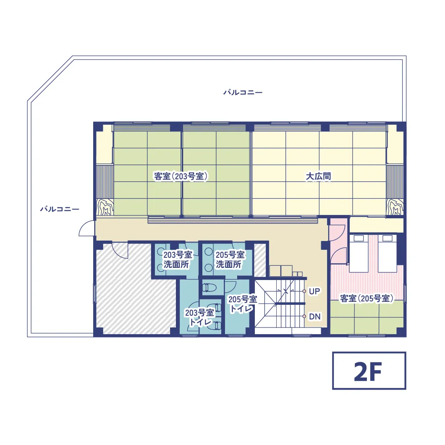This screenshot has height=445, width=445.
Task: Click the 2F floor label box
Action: pyautogui.click(x=369, y=371)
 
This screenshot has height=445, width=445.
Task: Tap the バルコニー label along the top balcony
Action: pyautogui.click(x=243, y=92)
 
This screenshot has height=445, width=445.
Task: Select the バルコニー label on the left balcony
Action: pyautogui.click(x=60, y=209)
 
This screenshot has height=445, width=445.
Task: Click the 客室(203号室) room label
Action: pyautogui.click(x=181, y=176)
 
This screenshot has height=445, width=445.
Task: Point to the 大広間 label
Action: pyautogui.click(x=318, y=176)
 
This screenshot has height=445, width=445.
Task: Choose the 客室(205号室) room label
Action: pyautogui.click(x=366, y=298)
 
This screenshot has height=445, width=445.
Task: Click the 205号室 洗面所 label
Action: pyautogui.click(x=230, y=259)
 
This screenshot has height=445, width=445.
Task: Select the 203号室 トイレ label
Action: pyautogui.click(x=199, y=317)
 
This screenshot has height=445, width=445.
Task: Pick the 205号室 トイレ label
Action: pyautogui.click(x=242, y=304)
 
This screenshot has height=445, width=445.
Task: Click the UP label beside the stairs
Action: pyautogui.click(x=314, y=291)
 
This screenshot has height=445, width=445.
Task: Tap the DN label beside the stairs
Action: pyautogui.click(x=315, y=317)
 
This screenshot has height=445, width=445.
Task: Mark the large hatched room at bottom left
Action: pyautogui.click(x=134, y=290)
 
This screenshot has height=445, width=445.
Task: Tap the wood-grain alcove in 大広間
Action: pyautogui.click(x=395, y=207)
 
